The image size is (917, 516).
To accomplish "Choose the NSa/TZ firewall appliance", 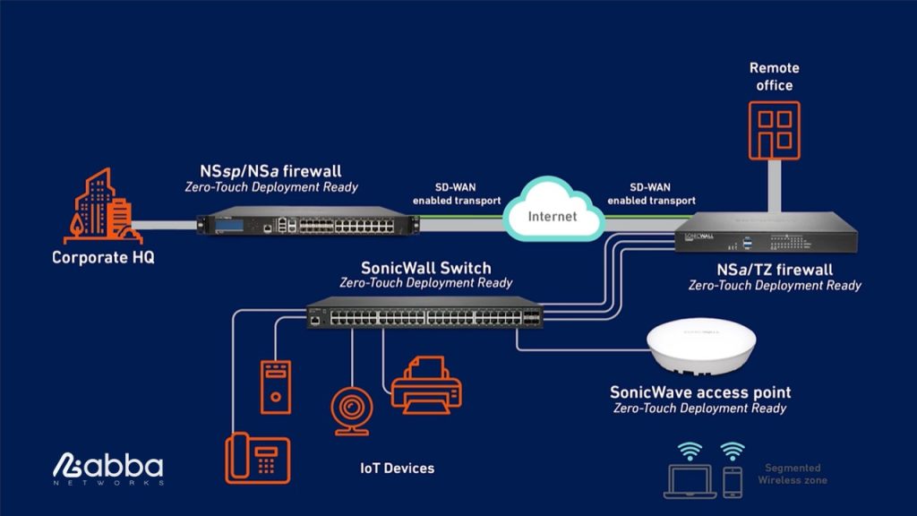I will pos(766,235).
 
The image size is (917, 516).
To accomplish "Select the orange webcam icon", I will pos(349,411).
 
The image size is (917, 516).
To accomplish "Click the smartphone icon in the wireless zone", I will pos(733,481).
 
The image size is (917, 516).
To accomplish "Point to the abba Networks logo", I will pos(107,469).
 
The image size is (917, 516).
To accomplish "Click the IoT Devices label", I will pos(397,469).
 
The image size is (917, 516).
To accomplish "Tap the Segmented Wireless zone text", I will pos(792,474).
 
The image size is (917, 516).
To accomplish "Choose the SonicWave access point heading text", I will pos(700,392).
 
